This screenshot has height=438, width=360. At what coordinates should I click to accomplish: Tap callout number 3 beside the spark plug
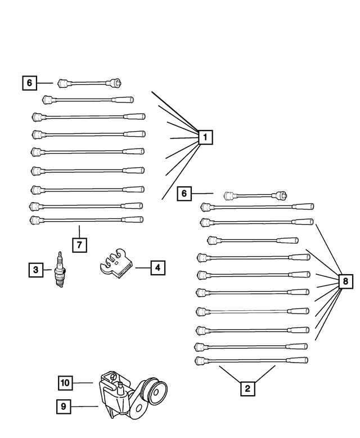[35, 270]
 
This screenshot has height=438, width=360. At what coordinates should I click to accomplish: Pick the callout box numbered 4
[157, 267]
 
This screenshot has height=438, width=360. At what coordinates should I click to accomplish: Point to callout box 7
[80, 244]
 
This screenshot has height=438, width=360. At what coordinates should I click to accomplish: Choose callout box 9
[65, 405]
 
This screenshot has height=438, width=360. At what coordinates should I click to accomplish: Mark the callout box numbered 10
[65, 383]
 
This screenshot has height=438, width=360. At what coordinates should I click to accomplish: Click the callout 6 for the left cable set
[30, 83]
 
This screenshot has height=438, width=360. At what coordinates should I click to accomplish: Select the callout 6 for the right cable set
[183, 194]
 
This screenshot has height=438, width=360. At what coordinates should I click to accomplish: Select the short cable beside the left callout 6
[90, 83]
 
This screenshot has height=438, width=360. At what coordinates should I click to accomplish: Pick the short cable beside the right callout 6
[255, 196]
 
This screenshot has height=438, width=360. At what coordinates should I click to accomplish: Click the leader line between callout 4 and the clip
[142, 267]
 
